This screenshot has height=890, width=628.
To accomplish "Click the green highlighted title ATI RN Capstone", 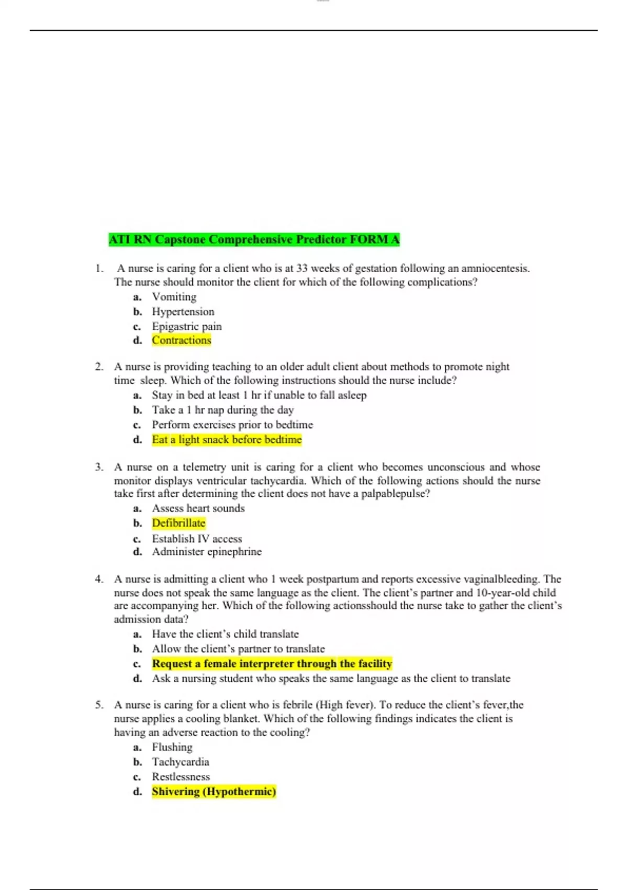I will click(x=254, y=240).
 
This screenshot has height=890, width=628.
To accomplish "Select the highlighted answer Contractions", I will click(x=182, y=340).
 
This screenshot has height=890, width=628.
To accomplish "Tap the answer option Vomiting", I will click(x=174, y=297).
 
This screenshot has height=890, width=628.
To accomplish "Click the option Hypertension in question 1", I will click(x=183, y=311).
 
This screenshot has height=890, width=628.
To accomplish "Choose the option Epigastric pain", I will click(x=187, y=326).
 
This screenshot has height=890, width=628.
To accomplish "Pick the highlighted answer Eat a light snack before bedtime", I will click(x=227, y=440).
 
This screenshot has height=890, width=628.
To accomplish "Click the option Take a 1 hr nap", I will click(x=223, y=410).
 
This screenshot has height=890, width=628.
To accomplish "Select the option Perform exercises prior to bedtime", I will click(x=232, y=425).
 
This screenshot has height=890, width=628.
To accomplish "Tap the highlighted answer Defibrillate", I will click(x=178, y=523).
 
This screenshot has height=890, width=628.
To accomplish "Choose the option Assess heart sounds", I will click(x=198, y=508).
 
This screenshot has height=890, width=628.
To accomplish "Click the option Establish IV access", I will click(x=197, y=539).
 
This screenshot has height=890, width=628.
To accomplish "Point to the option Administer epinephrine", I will click(x=207, y=552).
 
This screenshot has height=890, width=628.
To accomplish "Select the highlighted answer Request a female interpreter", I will click(x=272, y=664).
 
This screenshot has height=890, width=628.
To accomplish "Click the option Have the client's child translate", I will click(x=225, y=634).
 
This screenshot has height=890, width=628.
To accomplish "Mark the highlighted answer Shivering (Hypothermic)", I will click(x=214, y=792).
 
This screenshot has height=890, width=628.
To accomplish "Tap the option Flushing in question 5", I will click(x=172, y=747).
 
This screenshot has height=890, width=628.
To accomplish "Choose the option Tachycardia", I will click(x=181, y=762).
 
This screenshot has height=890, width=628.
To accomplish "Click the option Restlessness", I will click(x=181, y=777).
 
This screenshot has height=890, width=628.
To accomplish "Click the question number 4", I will click(x=99, y=579).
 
